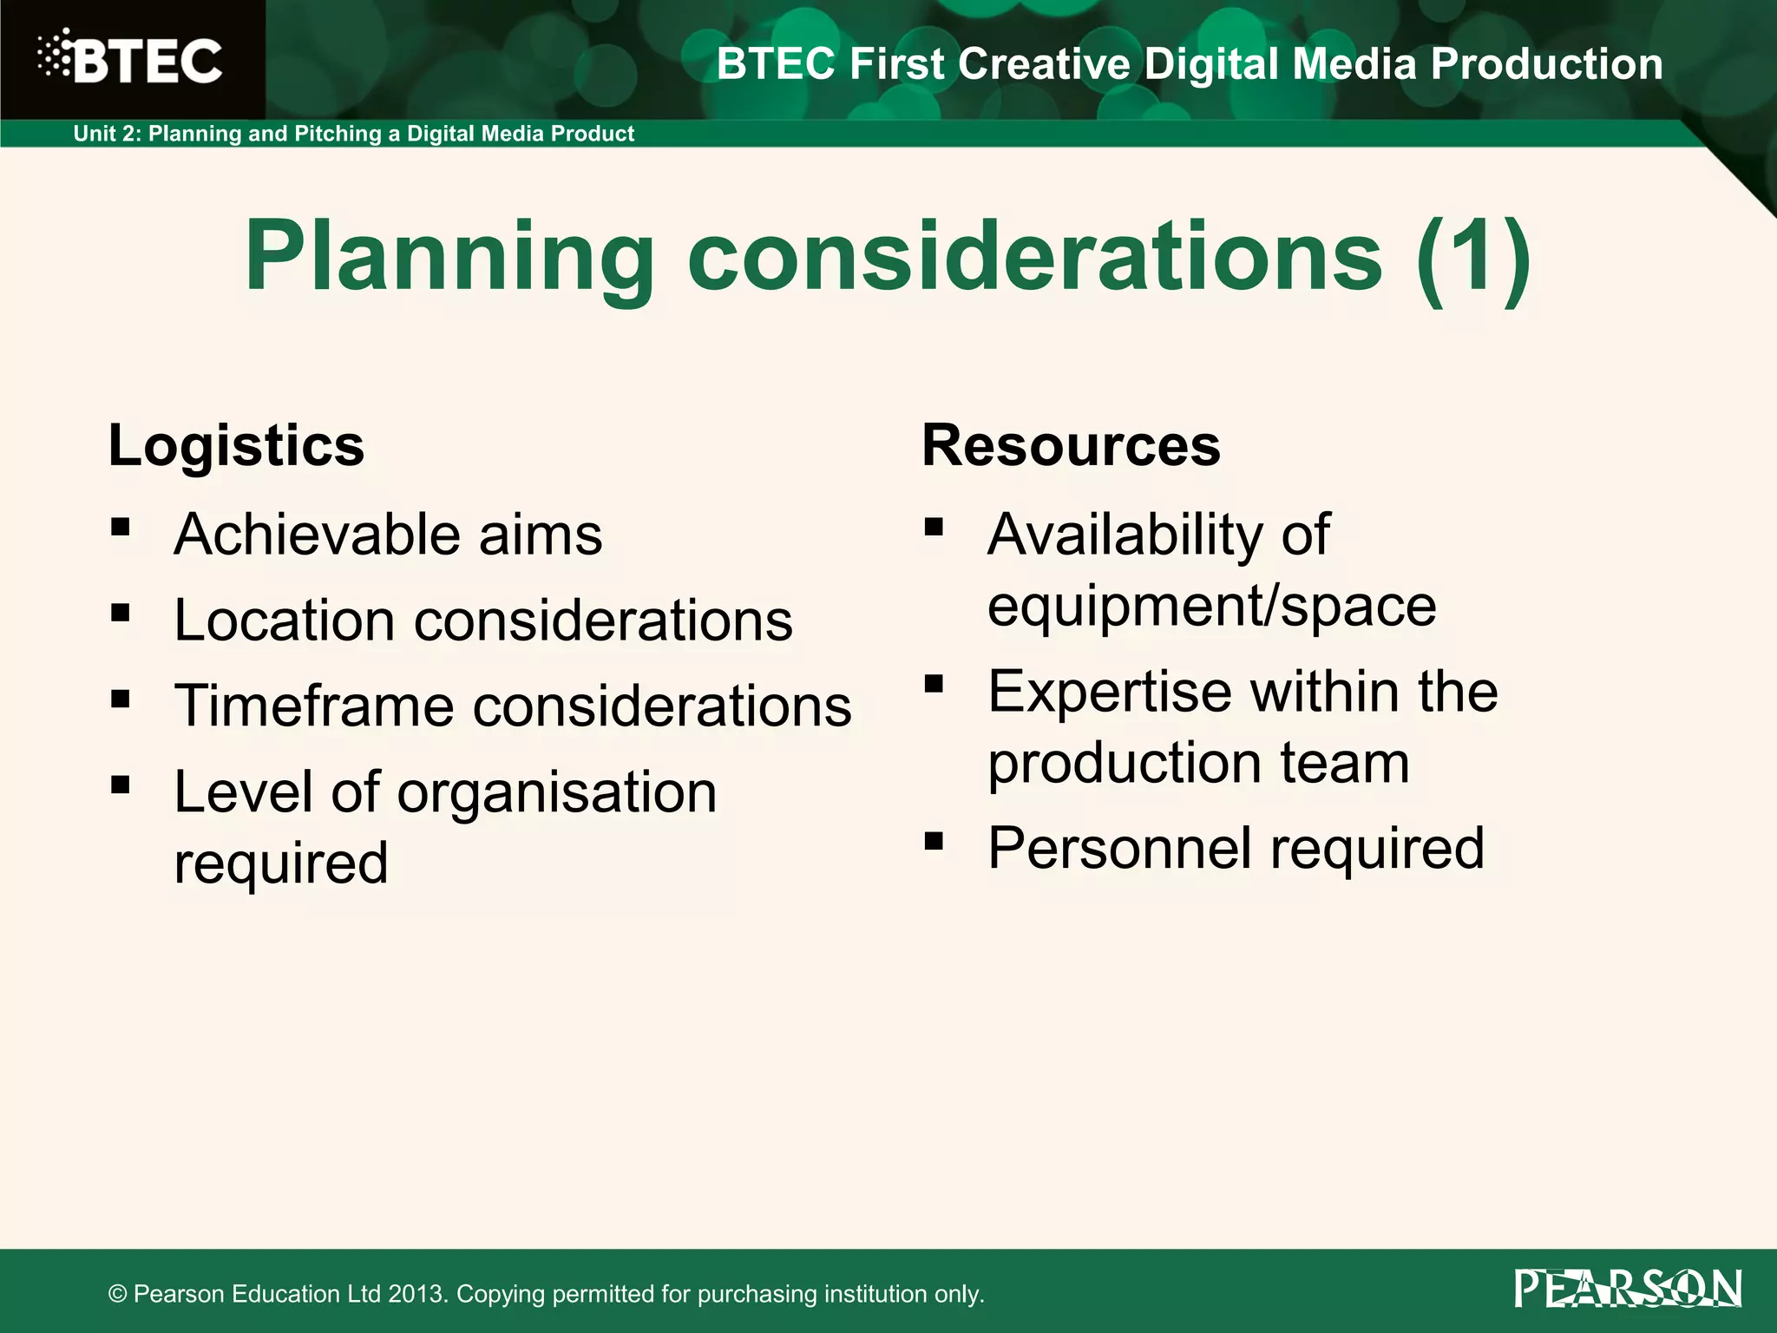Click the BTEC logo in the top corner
click(130, 59)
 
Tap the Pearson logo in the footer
click(1628, 1289)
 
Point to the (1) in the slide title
click(1472, 257)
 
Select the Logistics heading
click(236, 446)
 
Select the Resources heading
click(1071, 446)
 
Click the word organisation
click(556, 794)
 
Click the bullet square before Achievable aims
click(121, 527)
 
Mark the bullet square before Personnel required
click(934, 841)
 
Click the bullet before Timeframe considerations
click(121, 699)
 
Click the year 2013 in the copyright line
click(416, 1294)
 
